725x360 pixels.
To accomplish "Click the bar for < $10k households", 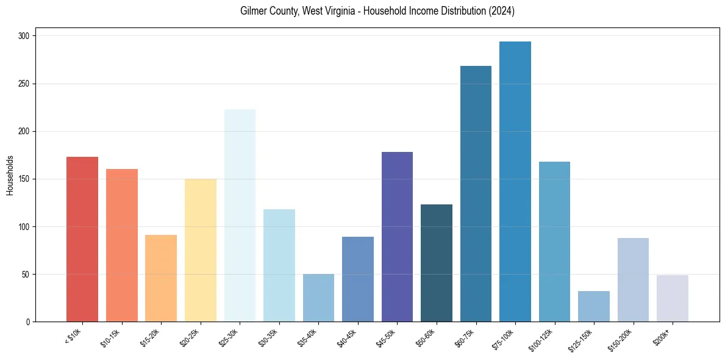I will click(x=82, y=239).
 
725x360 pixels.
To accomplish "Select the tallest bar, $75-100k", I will click(x=515, y=182).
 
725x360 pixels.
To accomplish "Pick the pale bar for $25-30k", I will click(x=240, y=215).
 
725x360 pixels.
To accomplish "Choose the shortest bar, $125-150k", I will click(x=594, y=306).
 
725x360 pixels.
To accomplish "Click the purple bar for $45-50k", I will click(x=397, y=237).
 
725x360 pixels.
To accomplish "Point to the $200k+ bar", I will click(x=673, y=298).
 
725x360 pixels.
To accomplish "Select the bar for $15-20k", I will click(x=161, y=278).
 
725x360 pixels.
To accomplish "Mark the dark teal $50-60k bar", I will click(x=437, y=263).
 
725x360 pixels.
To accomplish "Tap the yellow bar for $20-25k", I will click(x=201, y=250).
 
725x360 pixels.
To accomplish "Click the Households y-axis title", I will click(x=10, y=175).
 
